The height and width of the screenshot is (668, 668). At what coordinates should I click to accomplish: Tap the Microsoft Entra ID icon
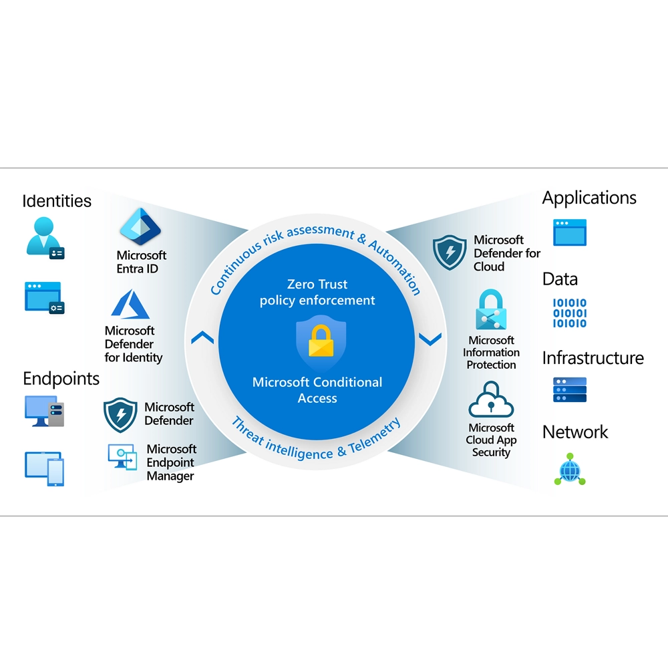[140, 228]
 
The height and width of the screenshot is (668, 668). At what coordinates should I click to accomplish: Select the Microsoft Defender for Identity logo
[131, 304]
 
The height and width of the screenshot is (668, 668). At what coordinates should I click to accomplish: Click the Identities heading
[57, 200]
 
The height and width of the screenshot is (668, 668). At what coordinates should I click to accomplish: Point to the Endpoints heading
[61, 379]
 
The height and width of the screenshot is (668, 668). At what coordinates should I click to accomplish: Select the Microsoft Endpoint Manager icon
[122, 458]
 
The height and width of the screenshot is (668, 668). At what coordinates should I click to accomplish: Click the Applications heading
[589, 198]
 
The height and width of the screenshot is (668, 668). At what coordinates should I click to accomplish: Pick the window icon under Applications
[569, 232]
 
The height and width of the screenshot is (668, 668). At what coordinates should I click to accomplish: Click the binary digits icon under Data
[569, 313]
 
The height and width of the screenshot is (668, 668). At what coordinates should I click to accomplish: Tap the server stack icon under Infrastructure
[569, 389]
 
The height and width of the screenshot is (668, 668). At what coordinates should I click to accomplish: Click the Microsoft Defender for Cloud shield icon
[449, 252]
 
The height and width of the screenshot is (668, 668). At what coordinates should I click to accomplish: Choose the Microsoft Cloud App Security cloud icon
[491, 400]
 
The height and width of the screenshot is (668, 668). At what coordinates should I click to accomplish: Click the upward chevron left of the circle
[202, 338]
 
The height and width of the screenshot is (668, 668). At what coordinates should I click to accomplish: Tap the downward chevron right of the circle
[430, 339]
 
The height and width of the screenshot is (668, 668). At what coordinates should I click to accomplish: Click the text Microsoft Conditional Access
[317, 390]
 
